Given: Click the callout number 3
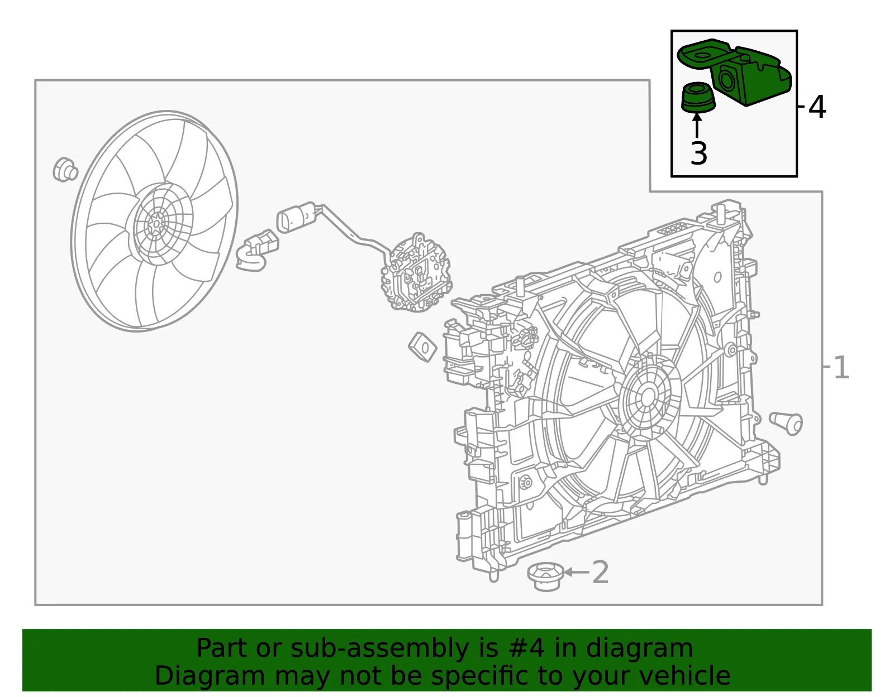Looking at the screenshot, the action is (699, 153).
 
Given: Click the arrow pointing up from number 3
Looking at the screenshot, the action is (697, 125).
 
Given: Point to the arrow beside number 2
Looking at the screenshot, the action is (577, 572).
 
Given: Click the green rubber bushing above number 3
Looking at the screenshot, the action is (698, 97).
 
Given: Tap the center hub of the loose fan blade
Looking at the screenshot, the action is (157, 223).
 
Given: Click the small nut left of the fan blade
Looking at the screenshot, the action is (65, 169).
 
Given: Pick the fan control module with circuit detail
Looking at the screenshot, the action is (416, 273).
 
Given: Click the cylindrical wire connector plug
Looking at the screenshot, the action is (296, 217).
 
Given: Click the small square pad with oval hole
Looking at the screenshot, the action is (422, 347).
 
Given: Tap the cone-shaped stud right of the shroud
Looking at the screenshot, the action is (786, 423).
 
